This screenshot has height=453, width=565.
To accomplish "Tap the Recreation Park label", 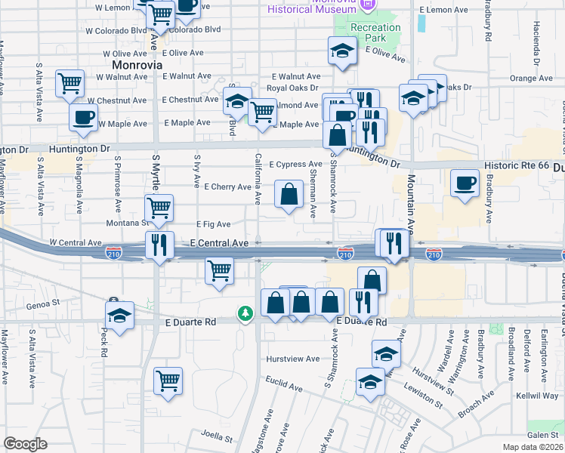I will point(375,32).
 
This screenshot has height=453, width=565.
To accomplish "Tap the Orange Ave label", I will point(533,78).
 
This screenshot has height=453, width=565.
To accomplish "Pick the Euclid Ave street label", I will point(284,386).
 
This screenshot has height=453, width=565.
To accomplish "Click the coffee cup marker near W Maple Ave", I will point(83,117).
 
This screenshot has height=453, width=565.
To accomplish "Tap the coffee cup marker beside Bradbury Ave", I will point(465,182).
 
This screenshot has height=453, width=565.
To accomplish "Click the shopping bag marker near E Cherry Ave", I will point(289,194).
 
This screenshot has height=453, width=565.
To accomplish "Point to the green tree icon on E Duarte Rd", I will point(245,313).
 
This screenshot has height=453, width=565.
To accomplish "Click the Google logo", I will point(26,443).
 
